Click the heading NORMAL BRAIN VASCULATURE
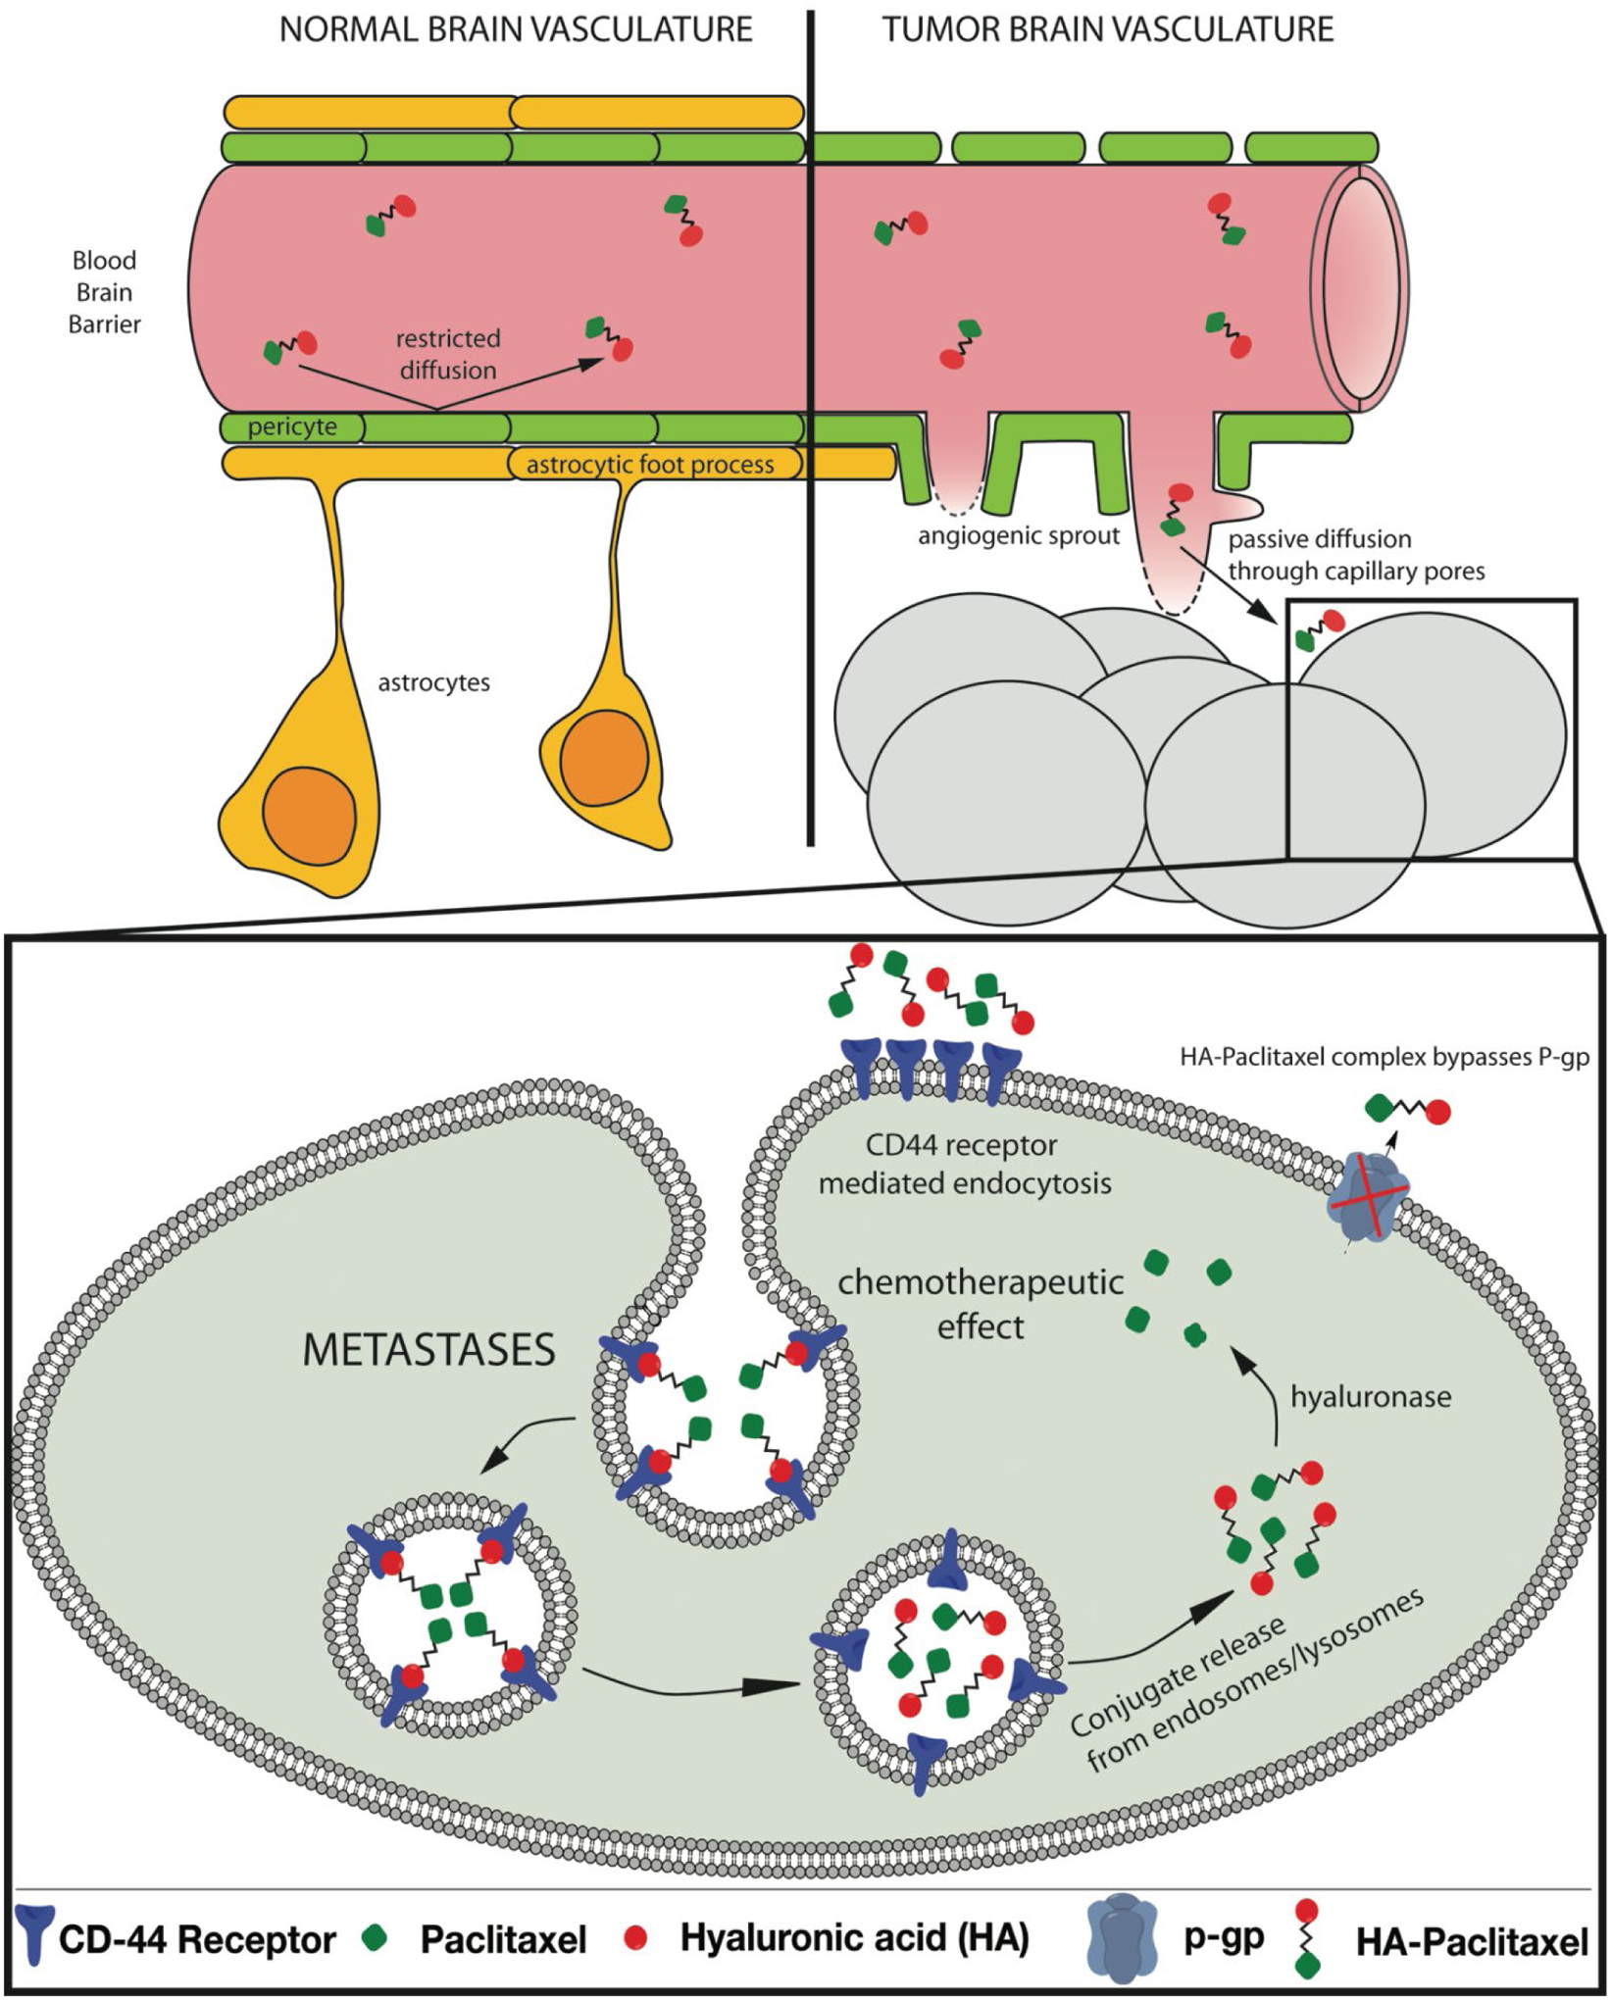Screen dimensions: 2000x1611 click(516, 29)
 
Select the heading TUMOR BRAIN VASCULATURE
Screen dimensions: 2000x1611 click(1108, 29)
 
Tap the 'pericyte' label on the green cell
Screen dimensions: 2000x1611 click(292, 427)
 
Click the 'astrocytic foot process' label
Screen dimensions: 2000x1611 click(650, 465)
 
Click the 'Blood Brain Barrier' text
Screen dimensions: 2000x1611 click(104, 292)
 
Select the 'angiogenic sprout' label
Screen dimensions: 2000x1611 click(1018, 536)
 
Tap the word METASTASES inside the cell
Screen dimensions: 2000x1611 click(429, 1351)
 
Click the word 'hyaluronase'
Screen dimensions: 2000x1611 click(1370, 1397)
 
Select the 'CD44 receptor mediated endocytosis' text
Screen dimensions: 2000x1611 click(965, 1165)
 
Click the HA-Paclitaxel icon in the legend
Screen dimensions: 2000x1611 click(1305, 1938)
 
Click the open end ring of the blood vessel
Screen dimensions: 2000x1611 click(1361, 286)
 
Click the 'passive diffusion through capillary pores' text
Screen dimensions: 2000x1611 click(1356, 555)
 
